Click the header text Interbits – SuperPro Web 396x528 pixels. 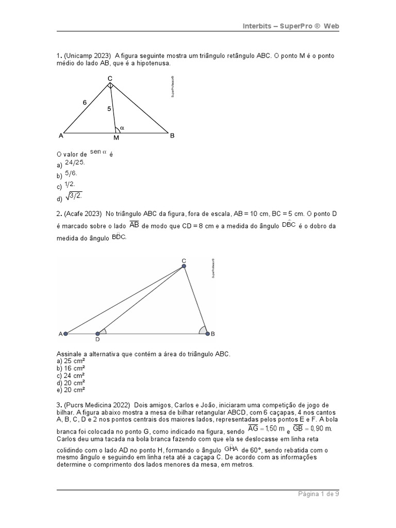[291, 26]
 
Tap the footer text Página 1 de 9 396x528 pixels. [318, 493]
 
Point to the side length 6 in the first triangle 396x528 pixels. [85, 103]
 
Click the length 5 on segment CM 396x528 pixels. [109, 109]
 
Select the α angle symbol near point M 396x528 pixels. [122, 128]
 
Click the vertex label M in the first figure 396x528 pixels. [116, 138]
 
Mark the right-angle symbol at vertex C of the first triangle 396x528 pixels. [110, 85]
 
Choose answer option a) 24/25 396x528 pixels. [75, 162]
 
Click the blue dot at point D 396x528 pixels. [97, 334]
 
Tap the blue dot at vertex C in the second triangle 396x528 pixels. [184, 266]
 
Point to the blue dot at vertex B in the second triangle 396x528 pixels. [208, 334]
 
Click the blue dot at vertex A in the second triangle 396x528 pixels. [65, 334]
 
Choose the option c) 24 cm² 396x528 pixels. [70, 375]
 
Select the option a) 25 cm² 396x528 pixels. [70, 361]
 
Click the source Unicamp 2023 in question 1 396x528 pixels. [87, 55]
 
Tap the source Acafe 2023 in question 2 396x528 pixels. [84, 213]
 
